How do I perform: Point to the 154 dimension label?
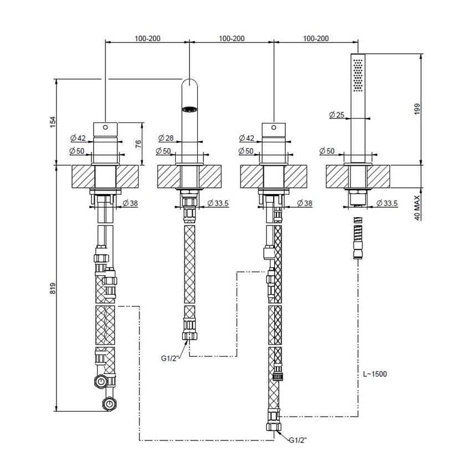coord(51,122)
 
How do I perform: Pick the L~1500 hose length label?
coord(371,374)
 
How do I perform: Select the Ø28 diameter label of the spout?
coord(165,137)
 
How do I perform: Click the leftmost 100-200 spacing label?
coord(147,38)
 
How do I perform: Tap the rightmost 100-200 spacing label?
coord(316,38)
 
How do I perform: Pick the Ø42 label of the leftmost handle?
coord(79,137)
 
